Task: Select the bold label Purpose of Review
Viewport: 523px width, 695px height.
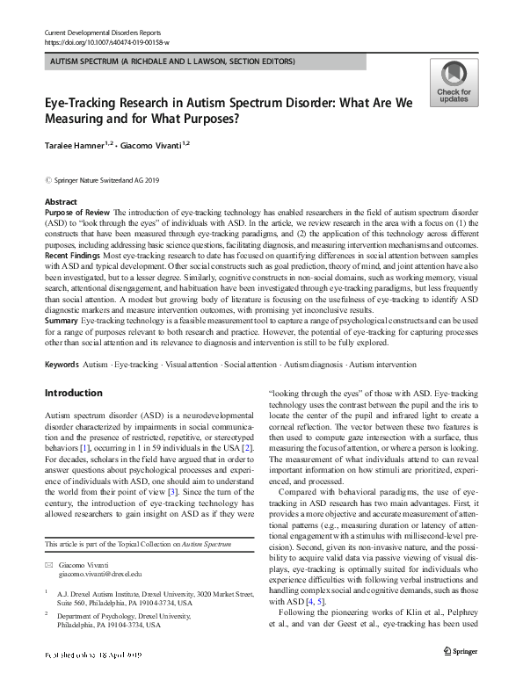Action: pyautogui.click(x=77, y=214)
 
